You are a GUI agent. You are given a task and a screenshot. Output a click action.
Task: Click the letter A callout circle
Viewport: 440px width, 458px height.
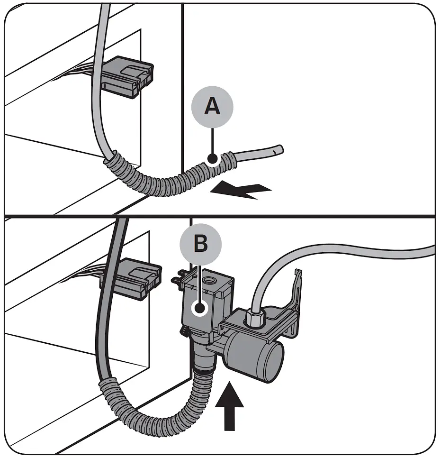pyautogui.click(x=213, y=107)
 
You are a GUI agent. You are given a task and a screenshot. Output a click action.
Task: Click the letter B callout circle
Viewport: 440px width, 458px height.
pyautogui.click(x=201, y=244)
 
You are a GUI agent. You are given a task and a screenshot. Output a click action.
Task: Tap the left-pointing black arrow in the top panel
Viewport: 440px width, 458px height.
pyautogui.click(x=241, y=191)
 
